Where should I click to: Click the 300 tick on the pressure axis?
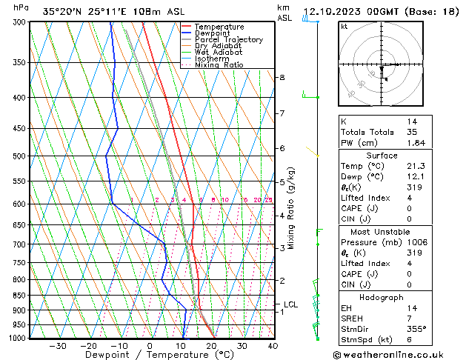coord(19,22)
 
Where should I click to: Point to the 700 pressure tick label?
coord(19,244)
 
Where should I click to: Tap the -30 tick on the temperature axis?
coord(58,345)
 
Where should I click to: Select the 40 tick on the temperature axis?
coord(273,345)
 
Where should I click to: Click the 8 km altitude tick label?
coord(282,78)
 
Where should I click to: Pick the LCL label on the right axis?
coord(290,304)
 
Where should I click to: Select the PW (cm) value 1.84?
coord(416,143)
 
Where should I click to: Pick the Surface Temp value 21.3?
coord(416,167)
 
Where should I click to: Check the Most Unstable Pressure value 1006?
coord(418,243)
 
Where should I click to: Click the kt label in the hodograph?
coord(344,27)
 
